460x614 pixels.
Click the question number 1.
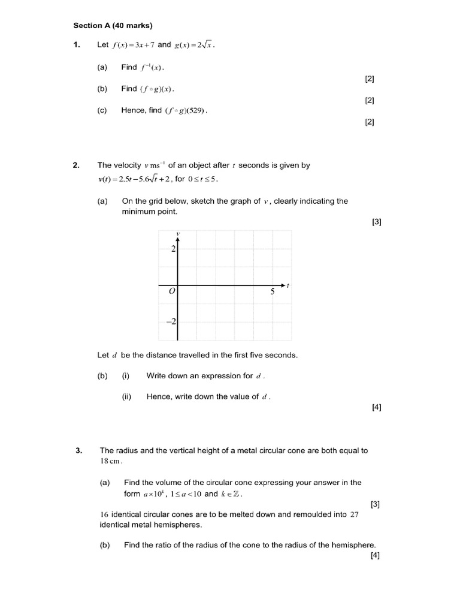point(76,45)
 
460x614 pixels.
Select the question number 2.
point(76,165)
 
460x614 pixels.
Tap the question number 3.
point(78,450)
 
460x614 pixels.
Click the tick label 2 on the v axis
point(172,249)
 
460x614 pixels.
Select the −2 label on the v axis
point(171,322)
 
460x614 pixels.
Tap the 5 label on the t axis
point(273,292)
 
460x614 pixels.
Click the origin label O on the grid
point(171,292)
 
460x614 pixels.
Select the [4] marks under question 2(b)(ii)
point(376,408)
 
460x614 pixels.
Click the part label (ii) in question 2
point(126,396)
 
